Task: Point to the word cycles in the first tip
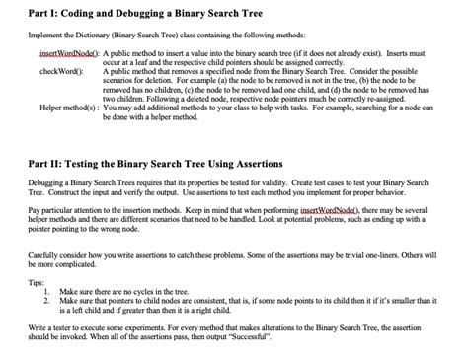click(x=165, y=293)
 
